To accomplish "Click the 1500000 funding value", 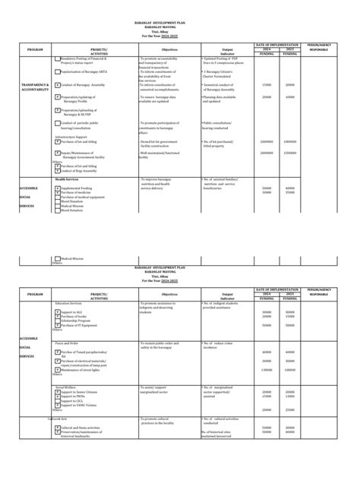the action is click(290, 152).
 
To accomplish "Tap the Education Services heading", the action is click(68, 302).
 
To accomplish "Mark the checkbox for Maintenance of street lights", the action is click(58, 370).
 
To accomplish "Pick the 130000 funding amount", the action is click(267, 370).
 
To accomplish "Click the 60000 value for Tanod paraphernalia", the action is click(267, 352).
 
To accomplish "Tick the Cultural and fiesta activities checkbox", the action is click(58, 428).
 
